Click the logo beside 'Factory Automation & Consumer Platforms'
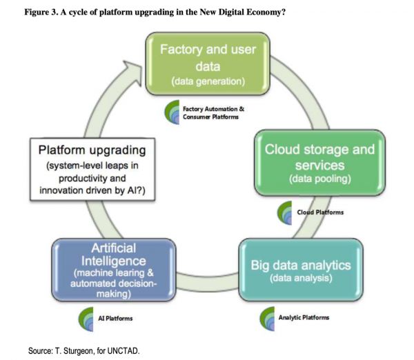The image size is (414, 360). coord(174,112)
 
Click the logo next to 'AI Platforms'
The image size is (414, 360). coord(88,318)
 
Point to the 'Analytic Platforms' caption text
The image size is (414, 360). coord(305,317)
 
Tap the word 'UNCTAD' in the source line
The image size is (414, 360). coord(124,351)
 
